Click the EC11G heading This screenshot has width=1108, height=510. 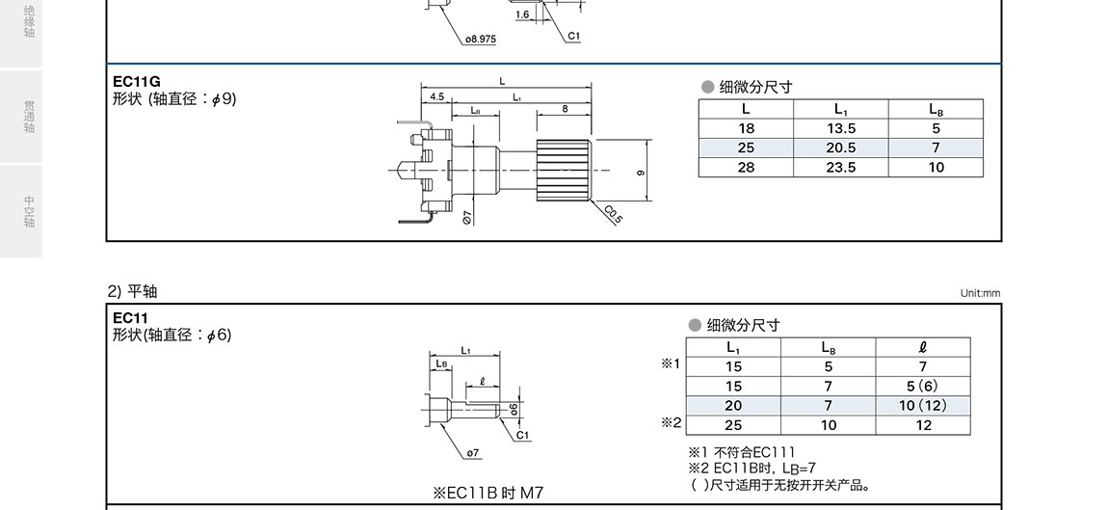click(x=136, y=81)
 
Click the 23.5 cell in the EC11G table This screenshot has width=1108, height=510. click(x=840, y=167)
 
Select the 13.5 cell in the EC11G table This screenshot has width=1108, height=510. click(x=840, y=128)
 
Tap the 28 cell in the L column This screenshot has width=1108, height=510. click(x=746, y=167)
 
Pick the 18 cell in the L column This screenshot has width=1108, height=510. click(x=746, y=128)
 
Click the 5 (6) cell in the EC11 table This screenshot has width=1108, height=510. click(x=922, y=386)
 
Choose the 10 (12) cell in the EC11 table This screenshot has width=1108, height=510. click(x=922, y=405)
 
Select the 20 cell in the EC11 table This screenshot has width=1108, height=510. click(x=733, y=405)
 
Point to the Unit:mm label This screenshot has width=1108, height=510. click(x=980, y=293)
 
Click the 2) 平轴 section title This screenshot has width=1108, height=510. click(x=131, y=291)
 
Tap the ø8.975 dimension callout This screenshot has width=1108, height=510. click(x=480, y=39)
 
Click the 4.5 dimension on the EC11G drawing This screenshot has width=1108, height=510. click(x=436, y=96)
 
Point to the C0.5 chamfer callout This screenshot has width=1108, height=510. click(x=614, y=213)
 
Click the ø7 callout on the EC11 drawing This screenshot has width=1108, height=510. click(x=473, y=452)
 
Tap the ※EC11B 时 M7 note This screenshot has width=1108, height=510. click(x=488, y=493)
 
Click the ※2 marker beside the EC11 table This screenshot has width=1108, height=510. click(x=671, y=422)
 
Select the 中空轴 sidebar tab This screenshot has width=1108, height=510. click(x=30, y=212)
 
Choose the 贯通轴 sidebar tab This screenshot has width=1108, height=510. click(x=30, y=116)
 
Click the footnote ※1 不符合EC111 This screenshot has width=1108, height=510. click(x=741, y=452)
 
